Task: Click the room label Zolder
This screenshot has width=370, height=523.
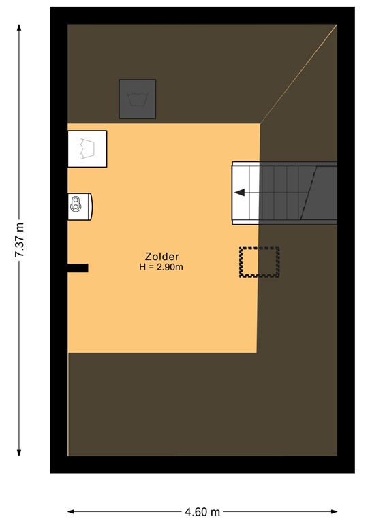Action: click(x=161, y=257)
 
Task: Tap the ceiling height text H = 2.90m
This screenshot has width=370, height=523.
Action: click(x=161, y=267)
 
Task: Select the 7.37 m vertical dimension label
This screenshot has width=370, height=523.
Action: click(x=20, y=240)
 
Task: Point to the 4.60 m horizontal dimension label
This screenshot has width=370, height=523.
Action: click(x=203, y=511)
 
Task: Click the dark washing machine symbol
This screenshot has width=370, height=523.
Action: click(x=138, y=99)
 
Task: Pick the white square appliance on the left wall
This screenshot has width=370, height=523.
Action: click(x=87, y=148)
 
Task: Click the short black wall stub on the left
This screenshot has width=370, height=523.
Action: click(x=78, y=268)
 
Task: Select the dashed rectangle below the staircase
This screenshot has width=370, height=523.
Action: click(x=260, y=261)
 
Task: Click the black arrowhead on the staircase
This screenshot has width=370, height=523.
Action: click(x=239, y=193)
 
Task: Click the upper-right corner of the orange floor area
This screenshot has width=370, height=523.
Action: click(x=260, y=124)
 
